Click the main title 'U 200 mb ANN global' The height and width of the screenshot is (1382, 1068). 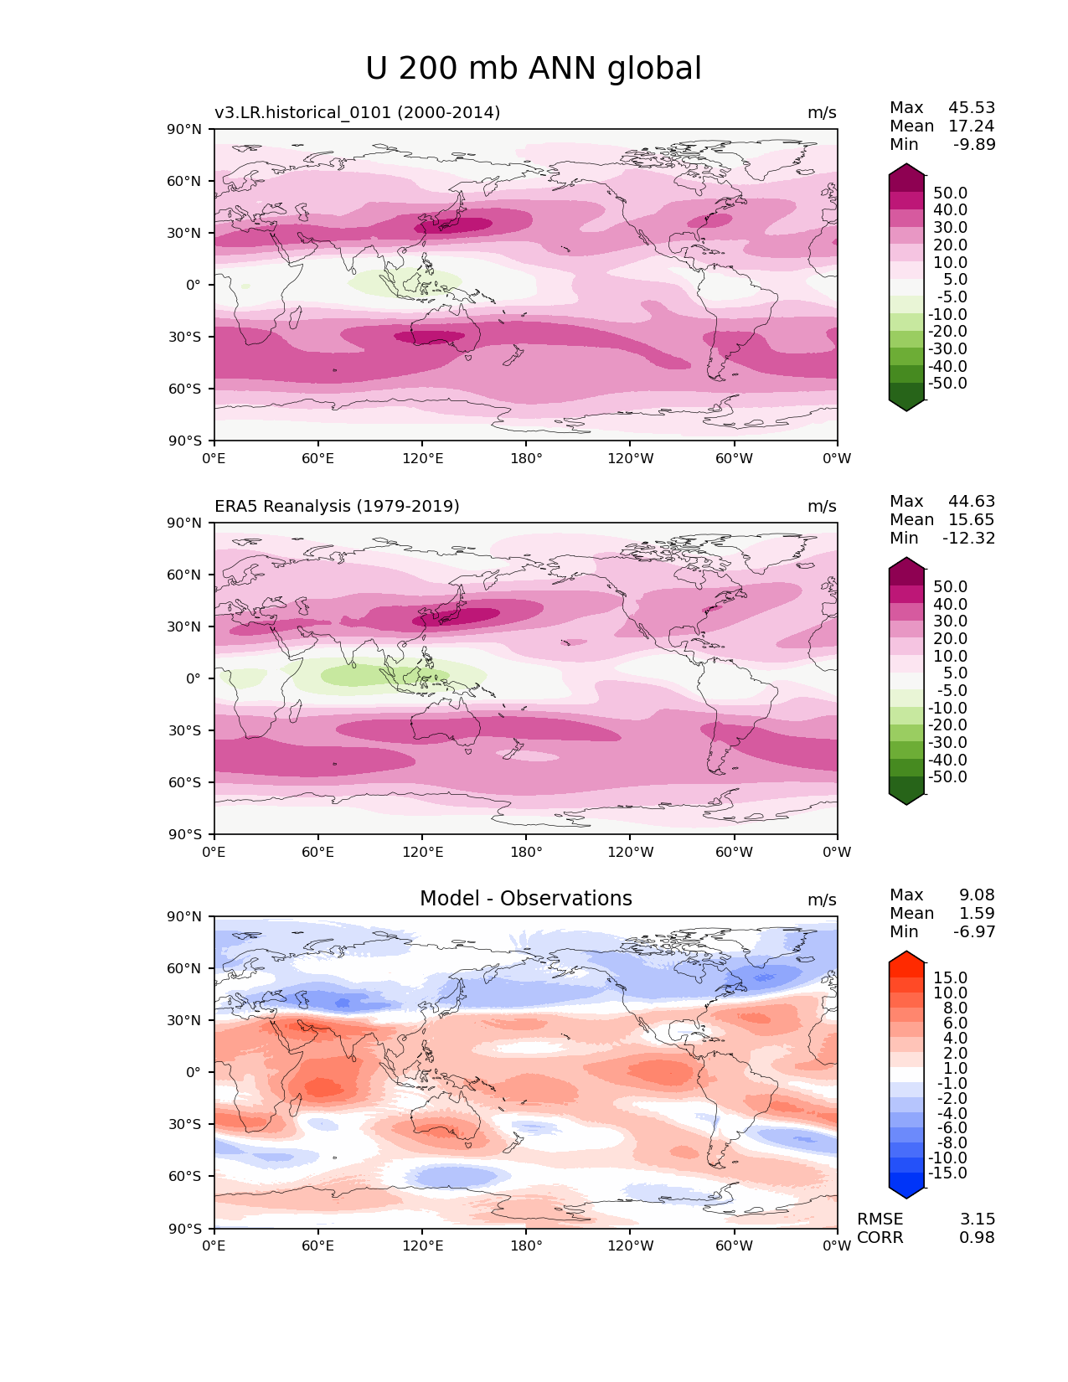(x=534, y=69)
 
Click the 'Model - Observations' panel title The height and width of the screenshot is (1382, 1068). (x=525, y=899)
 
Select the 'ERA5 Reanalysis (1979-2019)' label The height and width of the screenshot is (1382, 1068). (x=337, y=506)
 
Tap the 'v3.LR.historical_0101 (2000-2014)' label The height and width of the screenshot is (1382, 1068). (x=357, y=112)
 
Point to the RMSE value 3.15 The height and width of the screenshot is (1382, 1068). (x=977, y=1219)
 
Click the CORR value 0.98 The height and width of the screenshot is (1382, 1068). (x=977, y=1237)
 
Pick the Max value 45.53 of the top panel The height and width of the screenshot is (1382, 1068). (x=972, y=107)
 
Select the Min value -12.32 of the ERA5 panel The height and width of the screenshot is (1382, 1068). (x=969, y=538)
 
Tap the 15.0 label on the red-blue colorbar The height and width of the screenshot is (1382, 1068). (x=950, y=977)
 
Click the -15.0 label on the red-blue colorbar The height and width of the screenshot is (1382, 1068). (x=947, y=1173)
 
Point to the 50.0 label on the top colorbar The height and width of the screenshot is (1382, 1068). (x=950, y=193)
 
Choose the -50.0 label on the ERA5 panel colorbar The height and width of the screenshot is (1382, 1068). (x=947, y=776)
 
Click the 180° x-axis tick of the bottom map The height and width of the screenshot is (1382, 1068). (x=526, y=1245)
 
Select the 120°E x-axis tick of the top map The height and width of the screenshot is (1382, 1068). (x=422, y=458)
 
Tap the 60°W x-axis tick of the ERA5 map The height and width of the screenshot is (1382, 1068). (x=734, y=852)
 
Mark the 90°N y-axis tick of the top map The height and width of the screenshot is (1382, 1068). (x=185, y=129)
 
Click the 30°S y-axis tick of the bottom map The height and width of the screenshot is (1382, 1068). (x=185, y=1124)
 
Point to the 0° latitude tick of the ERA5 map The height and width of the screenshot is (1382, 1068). (x=193, y=678)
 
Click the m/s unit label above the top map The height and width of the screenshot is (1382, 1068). (x=822, y=112)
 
